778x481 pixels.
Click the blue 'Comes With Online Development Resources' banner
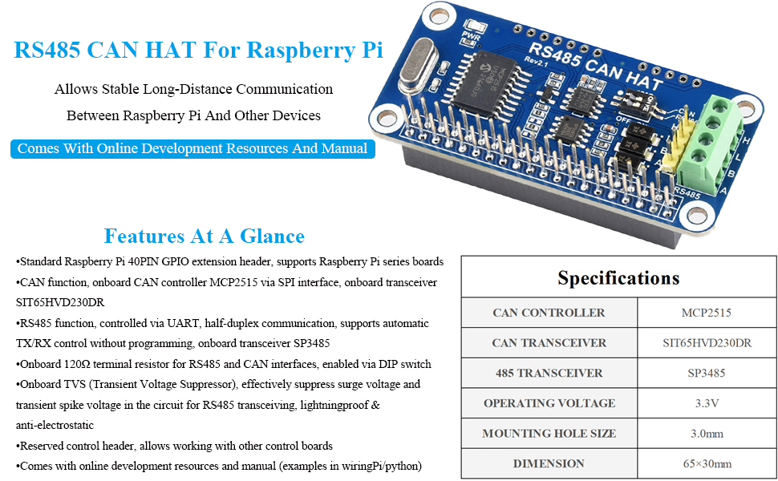pos(192,148)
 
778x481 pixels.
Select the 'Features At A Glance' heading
pos(204,236)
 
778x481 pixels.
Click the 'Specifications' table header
pos(618,278)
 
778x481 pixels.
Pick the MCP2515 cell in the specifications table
pos(707,313)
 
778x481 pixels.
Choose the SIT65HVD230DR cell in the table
pos(707,343)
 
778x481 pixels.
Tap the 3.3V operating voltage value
pos(707,403)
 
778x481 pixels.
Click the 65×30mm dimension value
pos(707,463)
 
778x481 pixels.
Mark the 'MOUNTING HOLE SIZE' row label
pos(549,434)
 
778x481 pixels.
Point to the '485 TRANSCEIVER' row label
pos(549,373)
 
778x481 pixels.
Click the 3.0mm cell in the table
pos(707,434)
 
